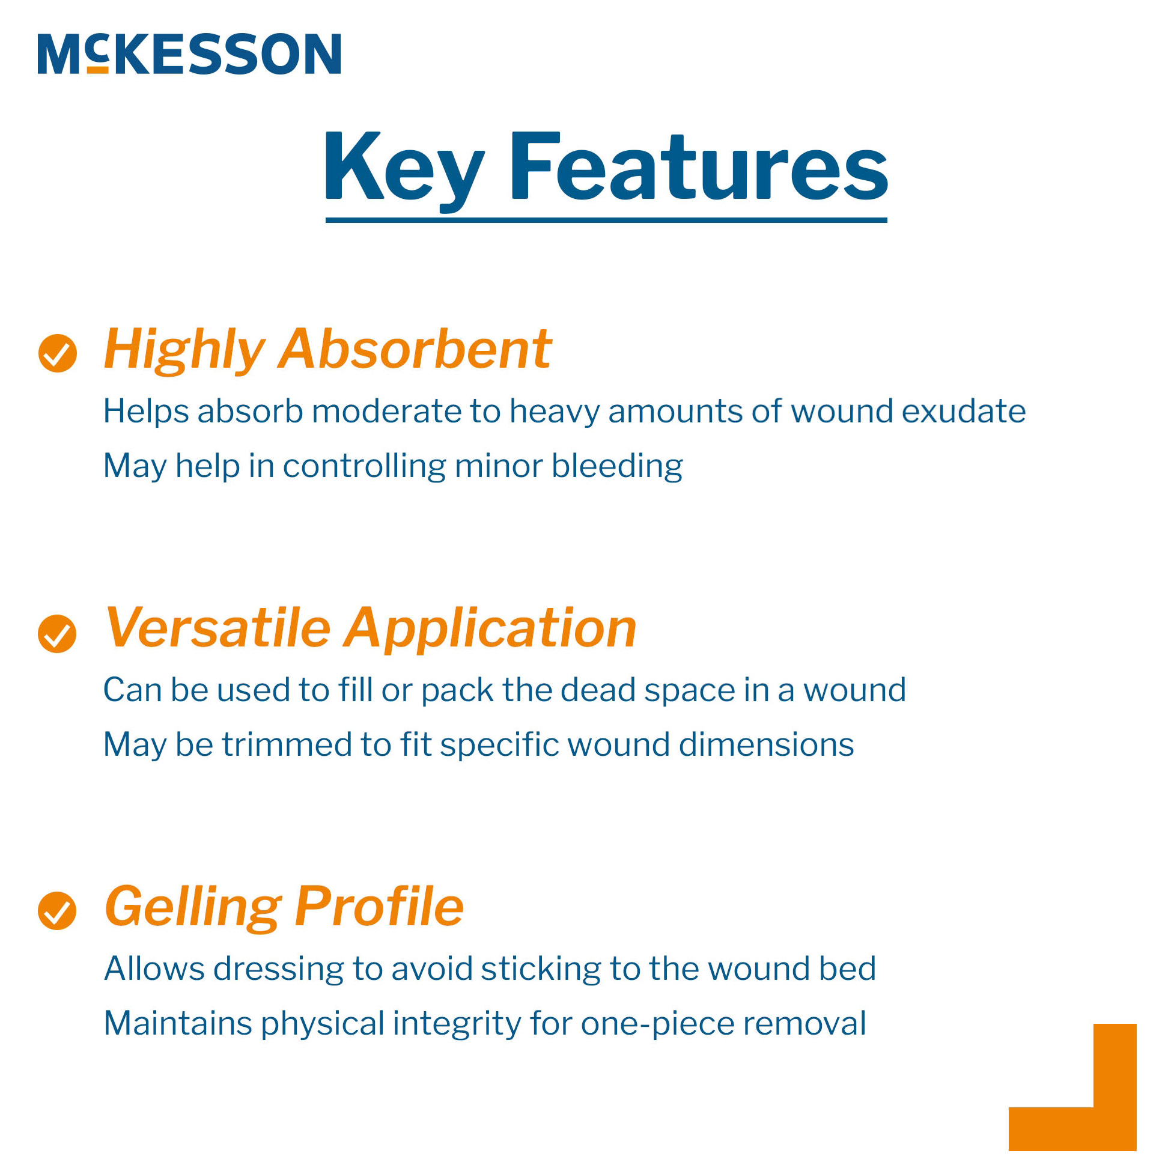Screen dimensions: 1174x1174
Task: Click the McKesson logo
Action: click(x=189, y=54)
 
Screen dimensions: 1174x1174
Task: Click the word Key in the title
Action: click(x=404, y=168)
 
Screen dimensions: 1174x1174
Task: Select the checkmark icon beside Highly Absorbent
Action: click(x=58, y=353)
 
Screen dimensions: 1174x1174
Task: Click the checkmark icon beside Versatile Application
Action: click(x=57, y=634)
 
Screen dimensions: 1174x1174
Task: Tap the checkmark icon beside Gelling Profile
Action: click(x=57, y=911)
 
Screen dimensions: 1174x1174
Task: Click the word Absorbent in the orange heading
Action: click(x=415, y=350)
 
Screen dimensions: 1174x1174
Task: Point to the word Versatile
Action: click(x=217, y=628)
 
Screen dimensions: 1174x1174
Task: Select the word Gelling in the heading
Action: click(x=193, y=907)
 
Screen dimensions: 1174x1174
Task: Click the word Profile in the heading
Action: click(x=379, y=906)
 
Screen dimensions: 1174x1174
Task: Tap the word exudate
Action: click(x=964, y=412)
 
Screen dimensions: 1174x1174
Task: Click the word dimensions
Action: click(x=766, y=745)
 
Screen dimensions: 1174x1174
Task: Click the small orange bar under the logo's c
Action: click(x=97, y=70)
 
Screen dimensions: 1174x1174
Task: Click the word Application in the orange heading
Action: click(x=490, y=630)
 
